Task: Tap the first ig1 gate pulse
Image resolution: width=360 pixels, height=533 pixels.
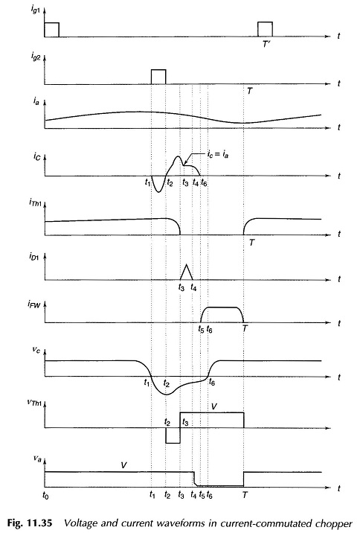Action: pyautogui.click(x=51, y=29)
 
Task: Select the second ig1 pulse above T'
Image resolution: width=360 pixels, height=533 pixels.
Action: pyautogui.click(x=265, y=29)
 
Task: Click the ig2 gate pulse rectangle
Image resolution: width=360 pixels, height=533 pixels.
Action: pyautogui.click(x=158, y=77)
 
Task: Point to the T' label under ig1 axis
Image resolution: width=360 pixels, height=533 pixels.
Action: pyautogui.click(x=266, y=44)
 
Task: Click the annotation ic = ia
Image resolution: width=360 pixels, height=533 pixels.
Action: pyautogui.click(x=218, y=154)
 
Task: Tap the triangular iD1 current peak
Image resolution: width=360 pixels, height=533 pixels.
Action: pyautogui.click(x=186, y=272)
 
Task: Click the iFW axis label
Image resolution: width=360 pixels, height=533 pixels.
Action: pyautogui.click(x=34, y=304)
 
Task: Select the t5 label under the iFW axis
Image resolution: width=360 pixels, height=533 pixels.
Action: pyautogui.click(x=201, y=329)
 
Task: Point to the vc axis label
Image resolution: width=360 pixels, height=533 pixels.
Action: pyautogui.click(x=36, y=349)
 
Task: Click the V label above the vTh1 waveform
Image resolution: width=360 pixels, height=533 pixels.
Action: pyautogui.click(x=213, y=406)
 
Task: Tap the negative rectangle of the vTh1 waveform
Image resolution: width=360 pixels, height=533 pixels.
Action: pyautogui.click(x=173, y=435)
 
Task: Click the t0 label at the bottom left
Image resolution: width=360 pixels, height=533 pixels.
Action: pyautogui.click(x=45, y=495)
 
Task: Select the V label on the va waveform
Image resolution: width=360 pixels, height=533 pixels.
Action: pyautogui.click(x=123, y=465)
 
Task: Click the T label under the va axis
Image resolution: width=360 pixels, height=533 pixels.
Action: pyautogui.click(x=245, y=495)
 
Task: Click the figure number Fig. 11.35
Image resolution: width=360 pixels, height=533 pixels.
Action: pyautogui.click(x=30, y=523)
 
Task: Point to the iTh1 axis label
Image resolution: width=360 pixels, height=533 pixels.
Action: pyautogui.click(x=35, y=205)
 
